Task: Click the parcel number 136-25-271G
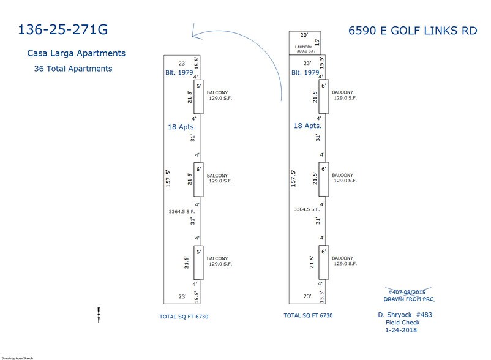pos(63,30)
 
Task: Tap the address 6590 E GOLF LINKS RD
pos(413,31)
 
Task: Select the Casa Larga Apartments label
pos(77,53)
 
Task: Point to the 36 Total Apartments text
pos(73,69)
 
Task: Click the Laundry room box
pos(305,43)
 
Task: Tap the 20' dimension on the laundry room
pos(304,35)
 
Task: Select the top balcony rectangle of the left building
pos(198,97)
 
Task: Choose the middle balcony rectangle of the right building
pos(324,179)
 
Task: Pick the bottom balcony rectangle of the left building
pos(198,262)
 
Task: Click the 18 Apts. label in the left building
pos(182,127)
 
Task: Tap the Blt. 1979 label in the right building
pos(305,73)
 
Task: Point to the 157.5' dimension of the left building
pos(168,179)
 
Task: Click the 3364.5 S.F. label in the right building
pos(307,209)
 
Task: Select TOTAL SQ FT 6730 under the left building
pos(184,317)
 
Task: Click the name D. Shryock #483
pos(405,315)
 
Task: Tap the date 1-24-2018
pos(401,330)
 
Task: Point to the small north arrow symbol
pos(99,315)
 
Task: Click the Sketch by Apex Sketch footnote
pos(17,358)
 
